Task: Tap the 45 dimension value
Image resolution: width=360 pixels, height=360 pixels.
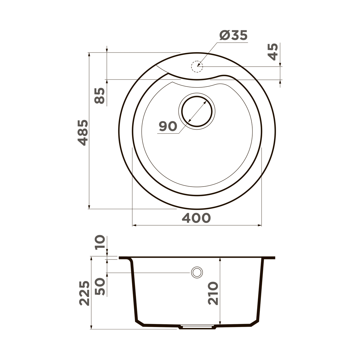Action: click(x=273, y=52)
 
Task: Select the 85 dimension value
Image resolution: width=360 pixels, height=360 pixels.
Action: click(x=100, y=96)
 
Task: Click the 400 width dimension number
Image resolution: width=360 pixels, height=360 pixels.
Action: click(x=196, y=218)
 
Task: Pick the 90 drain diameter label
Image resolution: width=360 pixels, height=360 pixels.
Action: click(x=168, y=127)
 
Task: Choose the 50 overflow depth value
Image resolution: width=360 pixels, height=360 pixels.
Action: click(x=100, y=286)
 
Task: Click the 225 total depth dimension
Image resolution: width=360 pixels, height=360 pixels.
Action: click(x=84, y=293)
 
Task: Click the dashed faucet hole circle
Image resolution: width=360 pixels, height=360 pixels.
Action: click(x=197, y=67)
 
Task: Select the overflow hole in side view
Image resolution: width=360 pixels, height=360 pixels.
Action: click(x=197, y=272)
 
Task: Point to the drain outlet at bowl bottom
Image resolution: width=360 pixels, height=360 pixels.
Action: click(x=197, y=327)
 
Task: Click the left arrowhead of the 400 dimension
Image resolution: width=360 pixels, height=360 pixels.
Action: click(x=134, y=225)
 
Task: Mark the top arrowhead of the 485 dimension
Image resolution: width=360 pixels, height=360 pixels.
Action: click(x=89, y=54)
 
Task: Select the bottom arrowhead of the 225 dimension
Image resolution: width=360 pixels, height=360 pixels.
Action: click(x=91, y=327)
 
